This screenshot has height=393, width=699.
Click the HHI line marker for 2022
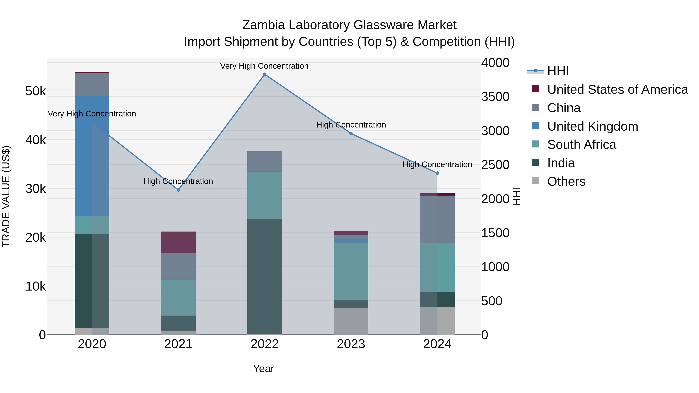[265, 74]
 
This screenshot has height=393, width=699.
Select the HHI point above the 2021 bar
[178, 190]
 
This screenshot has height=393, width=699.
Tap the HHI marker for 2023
[351, 134]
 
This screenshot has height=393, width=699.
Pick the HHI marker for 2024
[437, 173]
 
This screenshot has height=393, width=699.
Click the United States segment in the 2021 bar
[178, 242]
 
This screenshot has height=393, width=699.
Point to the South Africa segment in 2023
[351, 271]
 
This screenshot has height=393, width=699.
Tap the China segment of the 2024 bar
[437, 219]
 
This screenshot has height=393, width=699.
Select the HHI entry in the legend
[558, 71]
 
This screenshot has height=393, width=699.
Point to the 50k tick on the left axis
[36, 91]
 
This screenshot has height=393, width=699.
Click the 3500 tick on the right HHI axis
[495, 97]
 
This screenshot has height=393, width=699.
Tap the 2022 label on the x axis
[265, 344]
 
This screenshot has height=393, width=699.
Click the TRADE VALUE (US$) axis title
[6, 196]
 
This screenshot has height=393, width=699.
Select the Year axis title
[263, 369]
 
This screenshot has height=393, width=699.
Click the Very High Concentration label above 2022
[264, 66]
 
